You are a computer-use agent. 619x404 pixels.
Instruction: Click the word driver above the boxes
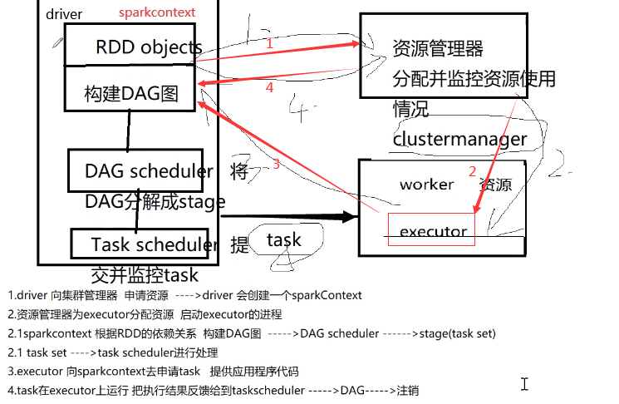64,14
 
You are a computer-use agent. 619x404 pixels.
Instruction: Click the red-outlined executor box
431,230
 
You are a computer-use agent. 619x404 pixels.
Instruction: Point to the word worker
426,184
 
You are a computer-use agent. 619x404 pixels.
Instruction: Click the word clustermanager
459,139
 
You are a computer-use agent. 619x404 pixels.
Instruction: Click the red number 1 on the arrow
268,44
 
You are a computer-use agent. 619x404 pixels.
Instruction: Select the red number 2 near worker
473,172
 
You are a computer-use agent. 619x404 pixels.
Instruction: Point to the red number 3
276,165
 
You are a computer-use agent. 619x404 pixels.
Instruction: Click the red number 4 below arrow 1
268,86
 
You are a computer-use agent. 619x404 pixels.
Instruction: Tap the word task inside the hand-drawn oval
283,240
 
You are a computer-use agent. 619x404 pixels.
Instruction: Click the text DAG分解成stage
155,202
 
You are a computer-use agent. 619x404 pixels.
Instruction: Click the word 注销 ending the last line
407,389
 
